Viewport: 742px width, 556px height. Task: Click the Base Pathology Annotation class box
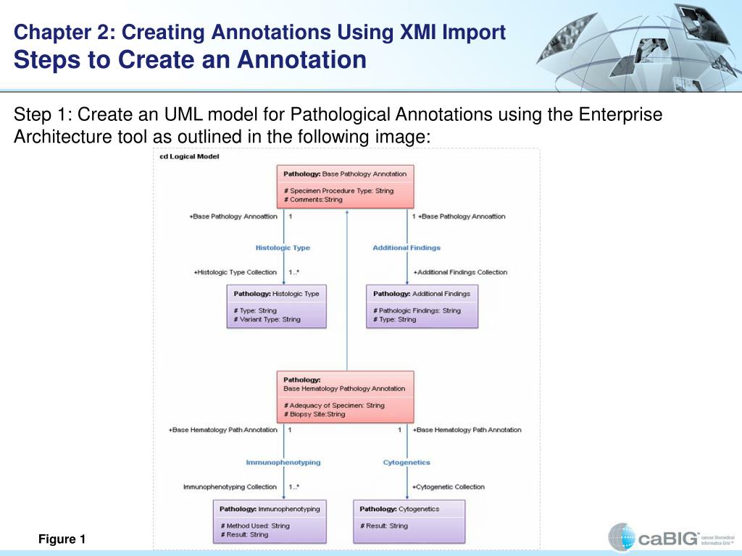click(x=345, y=187)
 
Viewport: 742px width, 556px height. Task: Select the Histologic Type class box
click(x=276, y=306)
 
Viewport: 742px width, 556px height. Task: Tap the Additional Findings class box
click(x=422, y=306)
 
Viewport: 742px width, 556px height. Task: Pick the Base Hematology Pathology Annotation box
click(x=345, y=397)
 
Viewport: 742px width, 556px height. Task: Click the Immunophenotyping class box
click(x=270, y=521)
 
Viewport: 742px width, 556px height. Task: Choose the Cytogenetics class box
click(x=408, y=521)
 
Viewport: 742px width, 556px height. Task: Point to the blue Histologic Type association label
click(x=283, y=248)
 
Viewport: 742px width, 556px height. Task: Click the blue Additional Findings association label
click(x=407, y=248)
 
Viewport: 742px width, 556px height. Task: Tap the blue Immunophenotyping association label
click(x=283, y=462)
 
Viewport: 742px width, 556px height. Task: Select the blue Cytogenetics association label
click(x=407, y=462)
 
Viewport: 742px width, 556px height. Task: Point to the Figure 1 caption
click(x=62, y=539)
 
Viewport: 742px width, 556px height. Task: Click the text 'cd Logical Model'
click(x=189, y=156)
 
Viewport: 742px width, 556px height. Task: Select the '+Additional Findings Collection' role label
click(x=460, y=272)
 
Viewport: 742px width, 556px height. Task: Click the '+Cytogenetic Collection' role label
click(x=449, y=486)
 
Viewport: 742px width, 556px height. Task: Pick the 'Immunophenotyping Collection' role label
click(x=230, y=486)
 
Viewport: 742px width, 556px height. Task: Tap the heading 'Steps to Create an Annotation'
click(x=190, y=59)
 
